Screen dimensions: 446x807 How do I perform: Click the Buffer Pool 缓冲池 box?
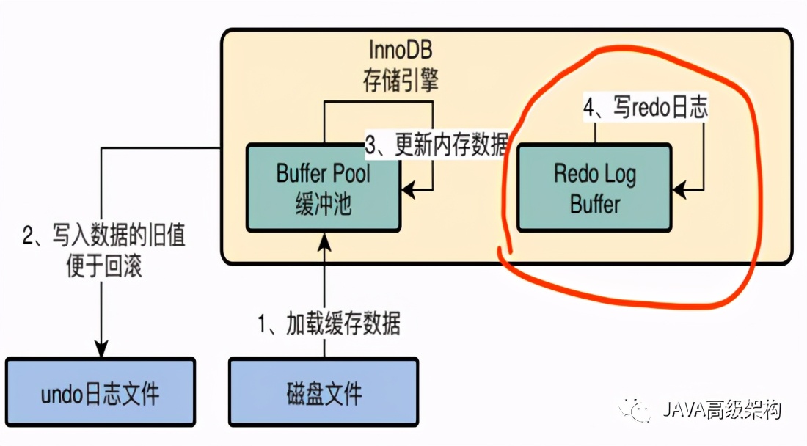(323, 188)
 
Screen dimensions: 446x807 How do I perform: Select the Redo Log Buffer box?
(594, 188)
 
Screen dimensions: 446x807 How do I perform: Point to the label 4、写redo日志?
(645, 109)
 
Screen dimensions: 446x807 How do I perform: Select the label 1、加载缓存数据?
(329, 323)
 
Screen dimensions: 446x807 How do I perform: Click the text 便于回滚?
(102, 267)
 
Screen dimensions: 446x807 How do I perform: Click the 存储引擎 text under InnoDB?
(401, 79)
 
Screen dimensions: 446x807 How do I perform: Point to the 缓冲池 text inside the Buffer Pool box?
(324, 203)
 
